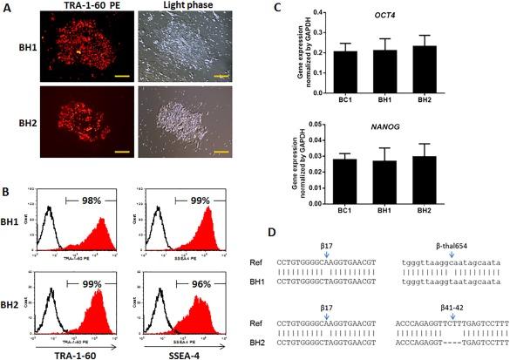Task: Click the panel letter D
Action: click(x=276, y=234)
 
